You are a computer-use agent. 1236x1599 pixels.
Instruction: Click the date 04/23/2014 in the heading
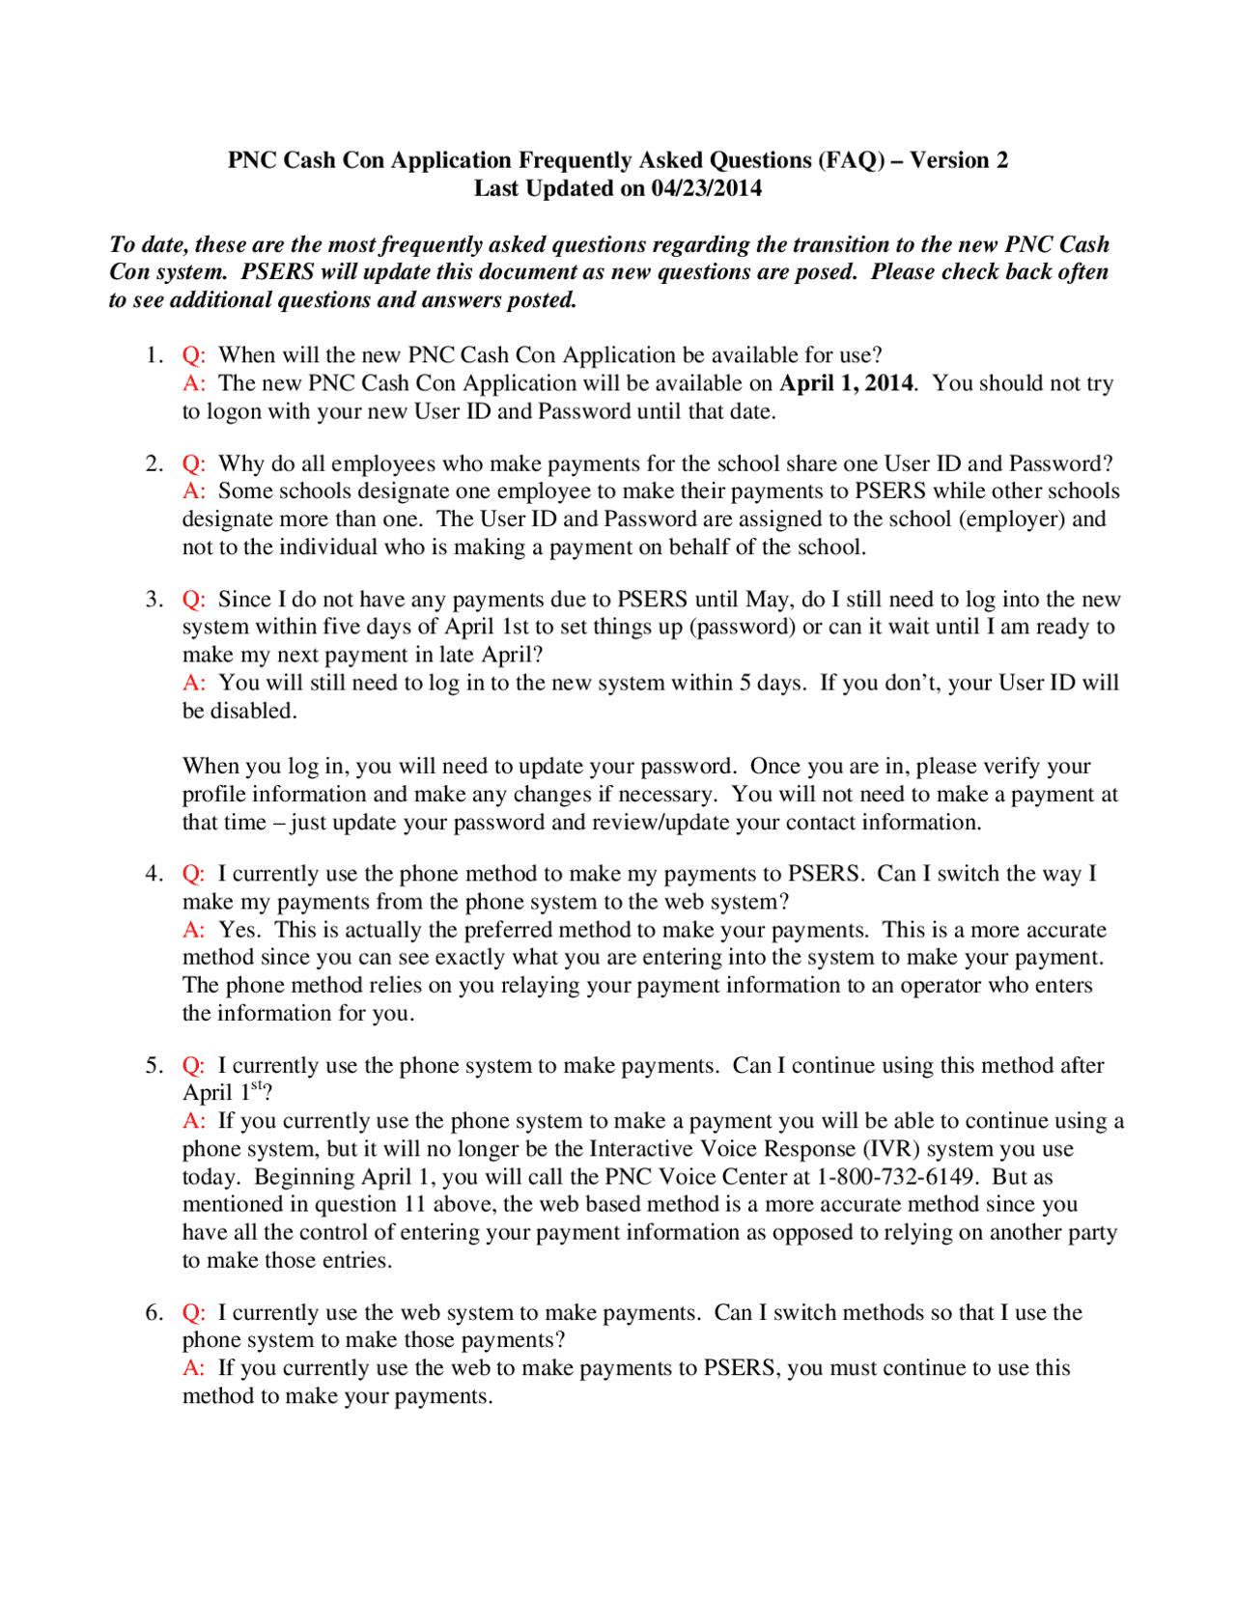tap(706, 188)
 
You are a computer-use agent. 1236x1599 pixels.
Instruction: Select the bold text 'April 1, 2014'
tap(846, 383)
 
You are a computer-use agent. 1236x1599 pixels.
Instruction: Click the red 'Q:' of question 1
tap(193, 355)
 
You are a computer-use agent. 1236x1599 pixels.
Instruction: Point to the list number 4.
tap(154, 874)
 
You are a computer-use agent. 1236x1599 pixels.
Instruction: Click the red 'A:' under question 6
tap(193, 1368)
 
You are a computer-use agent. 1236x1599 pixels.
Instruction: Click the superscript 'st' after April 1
tap(257, 1086)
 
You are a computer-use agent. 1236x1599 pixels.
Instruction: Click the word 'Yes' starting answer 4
tap(238, 930)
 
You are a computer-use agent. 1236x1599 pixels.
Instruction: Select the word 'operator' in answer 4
tap(942, 986)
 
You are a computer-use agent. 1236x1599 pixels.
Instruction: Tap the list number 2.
tap(154, 464)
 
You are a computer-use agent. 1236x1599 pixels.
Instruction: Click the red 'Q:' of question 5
tap(193, 1066)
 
